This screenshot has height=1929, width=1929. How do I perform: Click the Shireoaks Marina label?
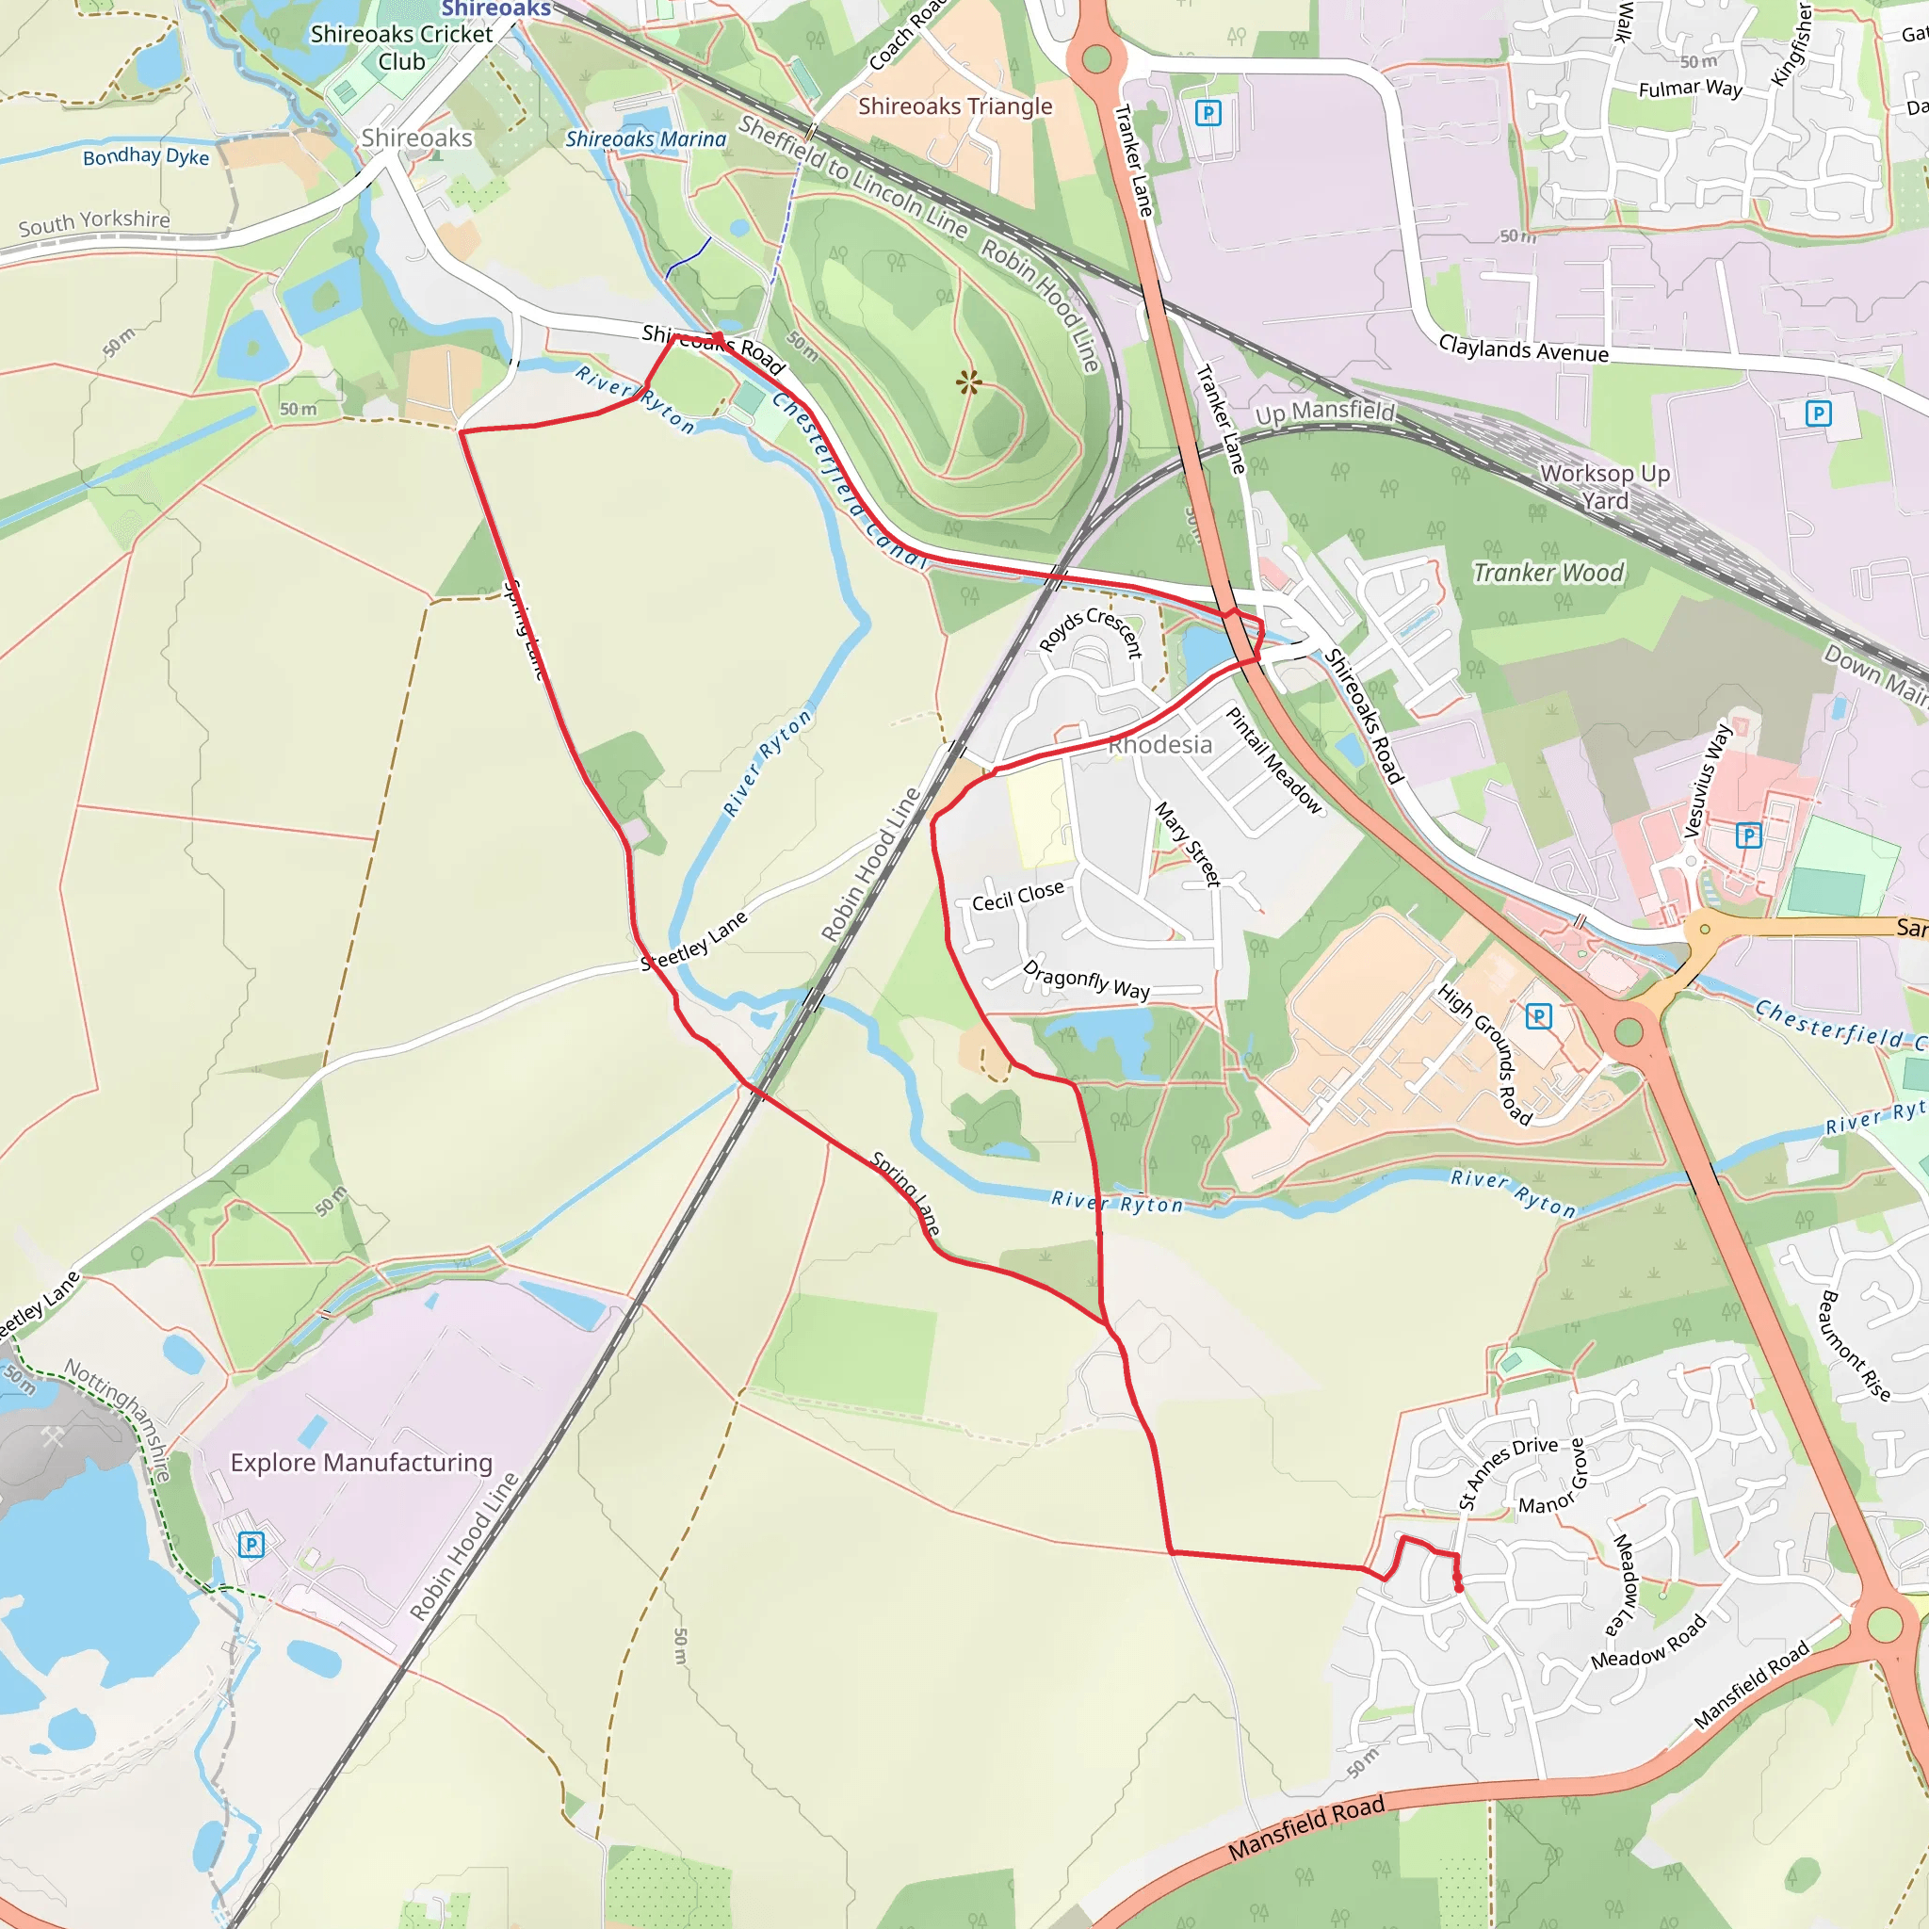tap(645, 139)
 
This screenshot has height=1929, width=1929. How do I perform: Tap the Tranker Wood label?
tap(1548, 572)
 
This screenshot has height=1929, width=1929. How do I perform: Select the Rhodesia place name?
tap(1160, 745)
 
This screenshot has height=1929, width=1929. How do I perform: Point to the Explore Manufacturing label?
tap(362, 1463)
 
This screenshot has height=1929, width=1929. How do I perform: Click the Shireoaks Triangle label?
tap(954, 105)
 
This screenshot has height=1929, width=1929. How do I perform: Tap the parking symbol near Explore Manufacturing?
tap(251, 1546)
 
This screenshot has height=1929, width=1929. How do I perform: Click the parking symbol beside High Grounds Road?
tap(1539, 1016)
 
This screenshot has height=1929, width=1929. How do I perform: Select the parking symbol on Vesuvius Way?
tap(1748, 835)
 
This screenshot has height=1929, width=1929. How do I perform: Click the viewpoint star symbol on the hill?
tap(967, 381)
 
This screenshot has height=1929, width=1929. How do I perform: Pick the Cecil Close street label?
tap(1017, 896)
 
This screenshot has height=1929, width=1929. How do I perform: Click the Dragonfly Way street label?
tap(1086, 980)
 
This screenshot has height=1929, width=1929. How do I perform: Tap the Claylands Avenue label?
tap(1523, 349)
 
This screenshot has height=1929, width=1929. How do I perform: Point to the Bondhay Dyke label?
tap(146, 155)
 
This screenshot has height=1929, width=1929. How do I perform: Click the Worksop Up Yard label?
tap(1604, 486)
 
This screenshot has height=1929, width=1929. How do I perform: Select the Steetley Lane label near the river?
tap(693, 941)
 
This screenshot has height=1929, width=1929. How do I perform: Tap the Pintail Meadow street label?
tap(1273, 760)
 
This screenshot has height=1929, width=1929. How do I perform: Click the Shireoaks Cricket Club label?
tap(401, 48)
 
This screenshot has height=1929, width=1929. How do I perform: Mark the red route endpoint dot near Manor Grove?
tap(1459, 1587)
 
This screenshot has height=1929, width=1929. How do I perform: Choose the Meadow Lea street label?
tap(1626, 1584)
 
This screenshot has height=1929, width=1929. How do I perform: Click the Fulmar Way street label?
tap(1691, 89)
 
